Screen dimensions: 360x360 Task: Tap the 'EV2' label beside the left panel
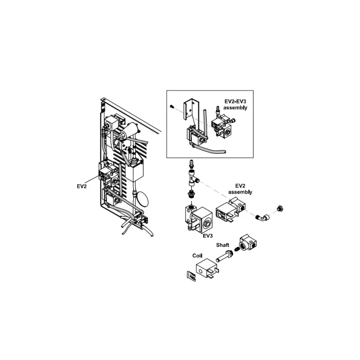81,186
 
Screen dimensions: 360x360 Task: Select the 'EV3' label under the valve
208,236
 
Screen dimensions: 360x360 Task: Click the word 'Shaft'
222,245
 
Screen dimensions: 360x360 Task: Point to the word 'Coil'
197,255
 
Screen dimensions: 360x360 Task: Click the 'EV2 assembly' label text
241,189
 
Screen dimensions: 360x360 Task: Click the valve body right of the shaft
248,243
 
